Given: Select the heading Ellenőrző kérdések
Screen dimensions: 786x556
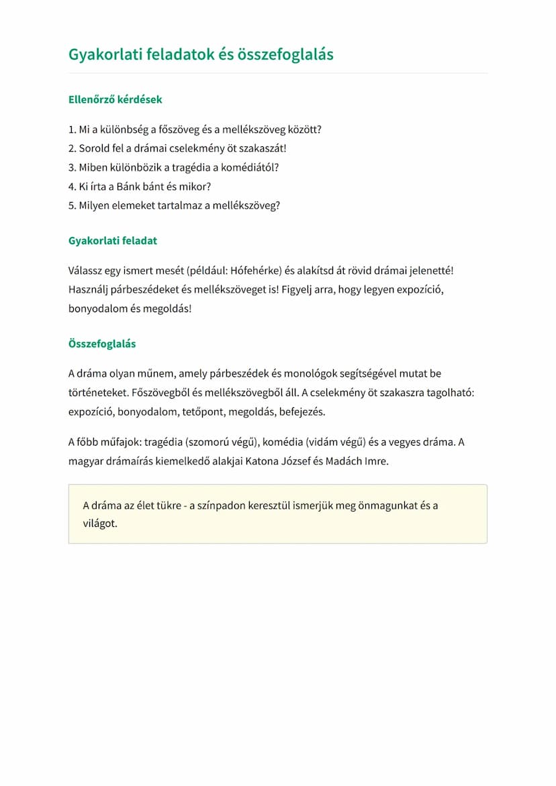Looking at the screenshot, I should point(115,99).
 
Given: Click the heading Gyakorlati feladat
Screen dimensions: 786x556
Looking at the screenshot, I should point(113,240).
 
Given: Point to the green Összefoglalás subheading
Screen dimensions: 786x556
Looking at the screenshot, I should point(102,344).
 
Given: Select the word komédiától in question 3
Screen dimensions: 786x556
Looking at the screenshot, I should point(250,167).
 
